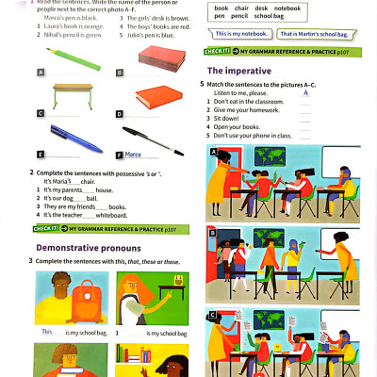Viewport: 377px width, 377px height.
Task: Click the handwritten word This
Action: pos(47,332)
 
